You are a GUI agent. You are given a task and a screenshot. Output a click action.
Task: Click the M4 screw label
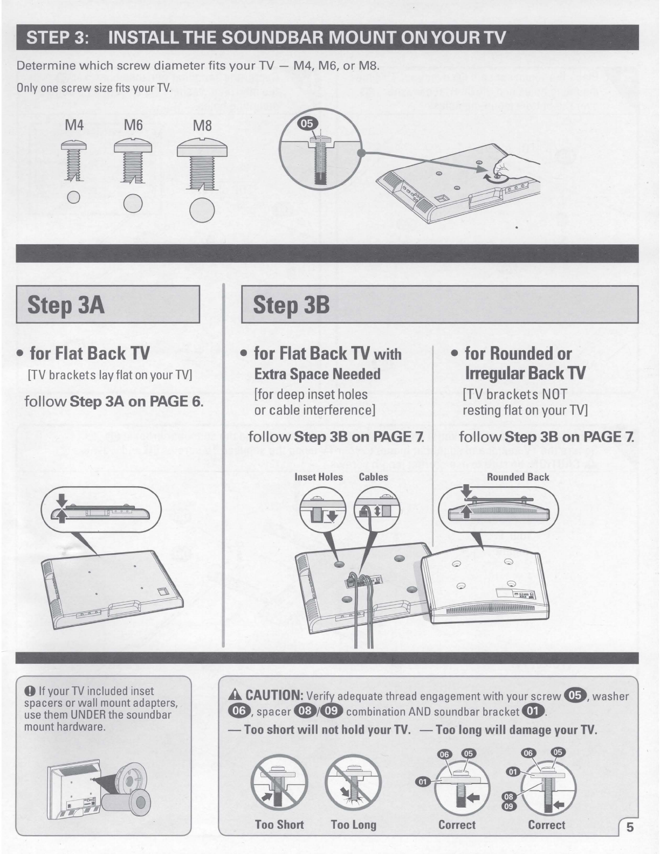(x=74, y=125)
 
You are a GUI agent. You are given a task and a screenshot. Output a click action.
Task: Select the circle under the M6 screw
(x=133, y=204)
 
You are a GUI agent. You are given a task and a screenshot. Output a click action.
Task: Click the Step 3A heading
(x=66, y=305)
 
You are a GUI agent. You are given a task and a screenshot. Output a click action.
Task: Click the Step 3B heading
(x=291, y=305)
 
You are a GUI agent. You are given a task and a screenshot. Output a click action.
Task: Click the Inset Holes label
(x=318, y=477)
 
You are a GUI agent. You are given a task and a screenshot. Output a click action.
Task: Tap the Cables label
(x=374, y=477)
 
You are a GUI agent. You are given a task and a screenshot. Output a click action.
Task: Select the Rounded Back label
(x=518, y=477)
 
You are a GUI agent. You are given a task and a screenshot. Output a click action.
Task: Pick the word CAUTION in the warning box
(x=274, y=695)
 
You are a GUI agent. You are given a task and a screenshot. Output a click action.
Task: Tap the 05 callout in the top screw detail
(x=307, y=123)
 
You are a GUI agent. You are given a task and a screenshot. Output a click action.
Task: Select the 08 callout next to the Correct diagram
(x=508, y=797)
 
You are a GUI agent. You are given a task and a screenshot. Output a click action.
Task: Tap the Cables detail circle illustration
(x=377, y=509)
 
